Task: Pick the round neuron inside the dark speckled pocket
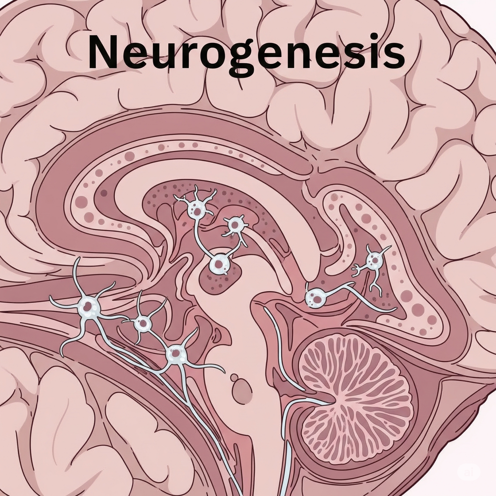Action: click(x=219, y=264)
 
